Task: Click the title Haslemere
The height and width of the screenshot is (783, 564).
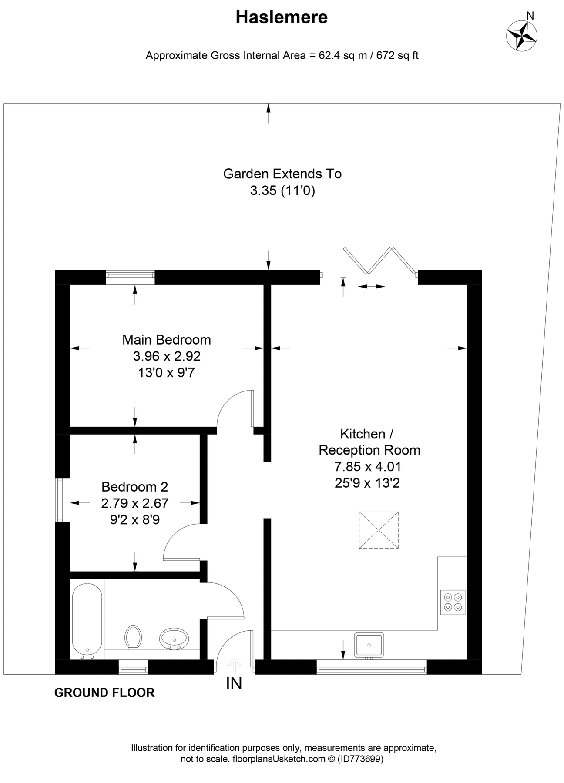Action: click(282, 17)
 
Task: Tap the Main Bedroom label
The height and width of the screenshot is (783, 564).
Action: click(166, 339)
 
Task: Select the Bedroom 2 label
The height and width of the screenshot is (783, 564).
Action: click(134, 486)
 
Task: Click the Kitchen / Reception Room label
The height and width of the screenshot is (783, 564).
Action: click(369, 442)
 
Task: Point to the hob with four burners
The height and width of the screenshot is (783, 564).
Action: click(453, 602)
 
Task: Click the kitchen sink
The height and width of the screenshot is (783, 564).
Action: click(369, 645)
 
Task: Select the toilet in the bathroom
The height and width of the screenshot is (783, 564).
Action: click(133, 637)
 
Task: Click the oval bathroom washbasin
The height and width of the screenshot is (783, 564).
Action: click(174, 639)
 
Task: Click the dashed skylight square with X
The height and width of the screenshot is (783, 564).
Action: click(379, 530)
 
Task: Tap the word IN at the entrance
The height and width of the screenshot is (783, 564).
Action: click(234, 683)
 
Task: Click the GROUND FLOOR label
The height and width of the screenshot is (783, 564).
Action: click(104, 693)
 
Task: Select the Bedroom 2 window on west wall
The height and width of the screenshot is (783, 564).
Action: click(63, 500)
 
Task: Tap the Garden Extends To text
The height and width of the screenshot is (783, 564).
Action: click(282, 174)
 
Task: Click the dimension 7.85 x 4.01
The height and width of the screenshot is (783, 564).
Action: click(367, 466)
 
